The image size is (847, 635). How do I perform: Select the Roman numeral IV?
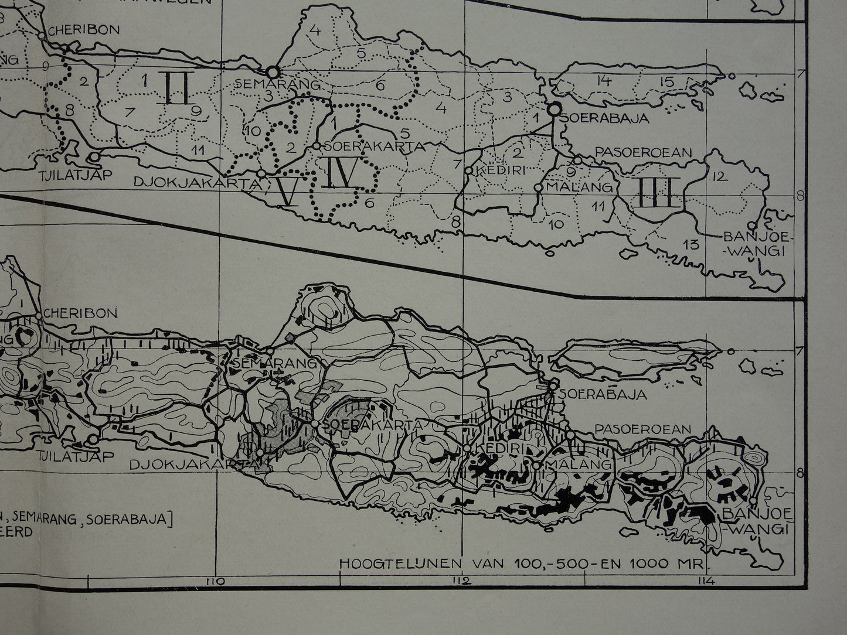338,173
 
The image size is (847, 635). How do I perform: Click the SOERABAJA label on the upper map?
604,118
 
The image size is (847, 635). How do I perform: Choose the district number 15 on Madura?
666,82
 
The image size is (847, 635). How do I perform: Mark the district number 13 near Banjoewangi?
692,244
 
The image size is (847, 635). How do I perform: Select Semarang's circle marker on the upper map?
272,72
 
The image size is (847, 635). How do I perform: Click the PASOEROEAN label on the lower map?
643,429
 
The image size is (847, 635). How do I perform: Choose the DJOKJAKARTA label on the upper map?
196,183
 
